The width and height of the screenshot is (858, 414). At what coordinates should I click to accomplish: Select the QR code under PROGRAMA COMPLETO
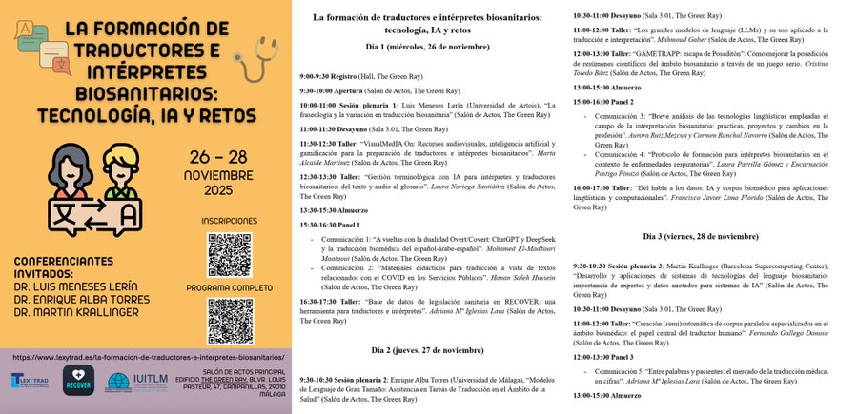click(x=229, y=319)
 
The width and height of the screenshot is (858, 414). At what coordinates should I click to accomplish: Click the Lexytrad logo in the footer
click(x=29, y=381)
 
